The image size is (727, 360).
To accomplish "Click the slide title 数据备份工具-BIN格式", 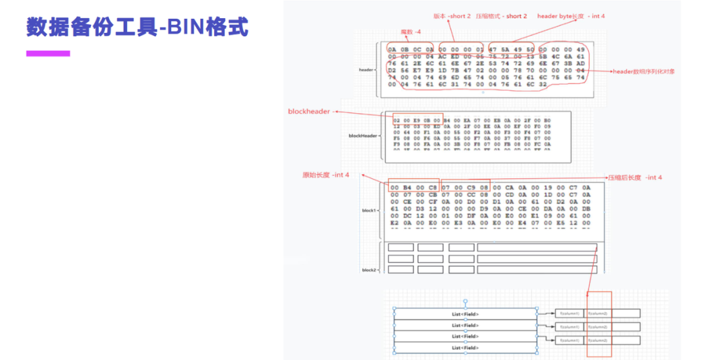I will point(137,28).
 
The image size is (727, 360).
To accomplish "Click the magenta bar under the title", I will point(48,53).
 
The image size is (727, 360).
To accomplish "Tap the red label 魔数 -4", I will point(411,32).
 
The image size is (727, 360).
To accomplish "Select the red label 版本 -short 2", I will point(452,15).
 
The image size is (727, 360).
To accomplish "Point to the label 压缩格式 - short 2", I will point(501,15).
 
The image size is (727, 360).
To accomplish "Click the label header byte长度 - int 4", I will point(571,15).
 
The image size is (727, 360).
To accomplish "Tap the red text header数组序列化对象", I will point(644,71).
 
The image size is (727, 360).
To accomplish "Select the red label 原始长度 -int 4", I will point(325,175).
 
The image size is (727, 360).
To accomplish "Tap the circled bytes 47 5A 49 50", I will point(511,49).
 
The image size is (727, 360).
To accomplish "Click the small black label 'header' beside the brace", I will point(366,69).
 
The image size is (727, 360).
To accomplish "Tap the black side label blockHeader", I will point(363,135).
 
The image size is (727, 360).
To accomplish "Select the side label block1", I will point(369,211).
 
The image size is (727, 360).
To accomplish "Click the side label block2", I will point(369,270).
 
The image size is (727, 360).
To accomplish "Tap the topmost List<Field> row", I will point(465,314).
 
